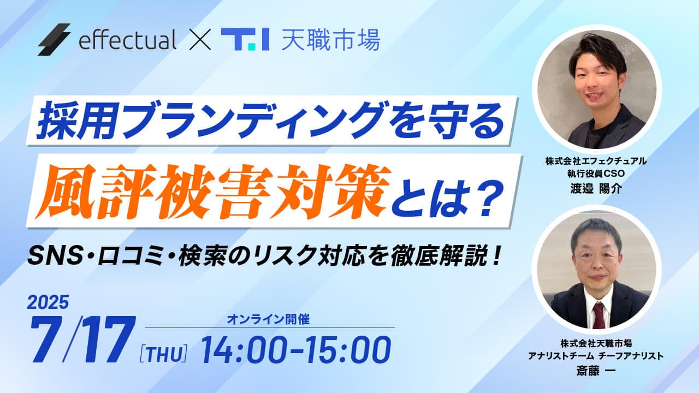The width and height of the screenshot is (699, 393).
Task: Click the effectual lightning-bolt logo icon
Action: (54, 39)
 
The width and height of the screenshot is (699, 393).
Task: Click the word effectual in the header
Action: (127, 40)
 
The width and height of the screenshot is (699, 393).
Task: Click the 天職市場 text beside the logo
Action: (330, 40)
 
